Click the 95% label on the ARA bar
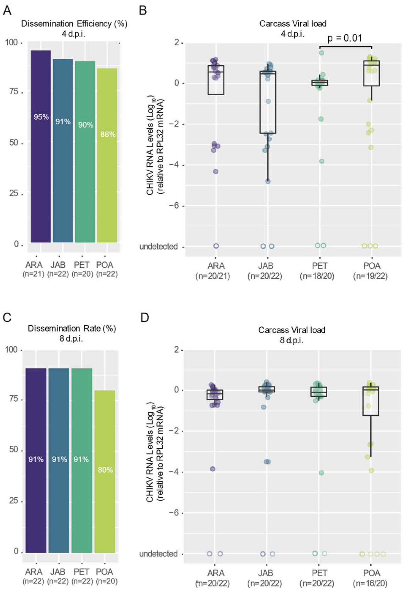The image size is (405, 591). click(41, 117)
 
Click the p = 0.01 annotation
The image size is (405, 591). click(344, 38)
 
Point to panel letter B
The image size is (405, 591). click(143, 11)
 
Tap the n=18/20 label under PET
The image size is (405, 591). click(317, 276)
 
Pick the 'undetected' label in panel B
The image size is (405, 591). click(158, 246)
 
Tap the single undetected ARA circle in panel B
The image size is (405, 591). click(216, 246)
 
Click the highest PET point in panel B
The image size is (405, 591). click(321, 53)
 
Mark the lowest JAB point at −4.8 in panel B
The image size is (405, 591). click(268, 181)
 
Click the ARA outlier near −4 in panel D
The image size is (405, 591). click(213, 469)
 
